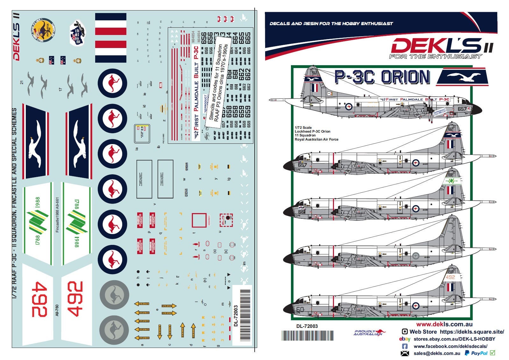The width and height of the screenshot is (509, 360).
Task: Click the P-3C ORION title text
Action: [x=382, y=77]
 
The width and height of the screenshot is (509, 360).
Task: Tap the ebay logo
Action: [x=405, y=339]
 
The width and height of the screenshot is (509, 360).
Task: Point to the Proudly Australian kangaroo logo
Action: [x=369, y=333]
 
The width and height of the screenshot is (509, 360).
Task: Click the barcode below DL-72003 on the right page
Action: [x=308, y=336]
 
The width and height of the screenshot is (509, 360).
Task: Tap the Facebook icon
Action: [x=405, y=346]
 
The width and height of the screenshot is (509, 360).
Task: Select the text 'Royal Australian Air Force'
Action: [x=316, y=139]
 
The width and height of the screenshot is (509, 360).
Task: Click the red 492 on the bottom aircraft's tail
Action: [x=450, y=277]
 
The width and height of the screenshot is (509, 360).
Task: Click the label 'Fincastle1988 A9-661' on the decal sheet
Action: [x=57, y=215]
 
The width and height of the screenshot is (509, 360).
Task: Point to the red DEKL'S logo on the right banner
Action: [x=436, y=46]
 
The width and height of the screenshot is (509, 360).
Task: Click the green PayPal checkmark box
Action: [x=492, y=353]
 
